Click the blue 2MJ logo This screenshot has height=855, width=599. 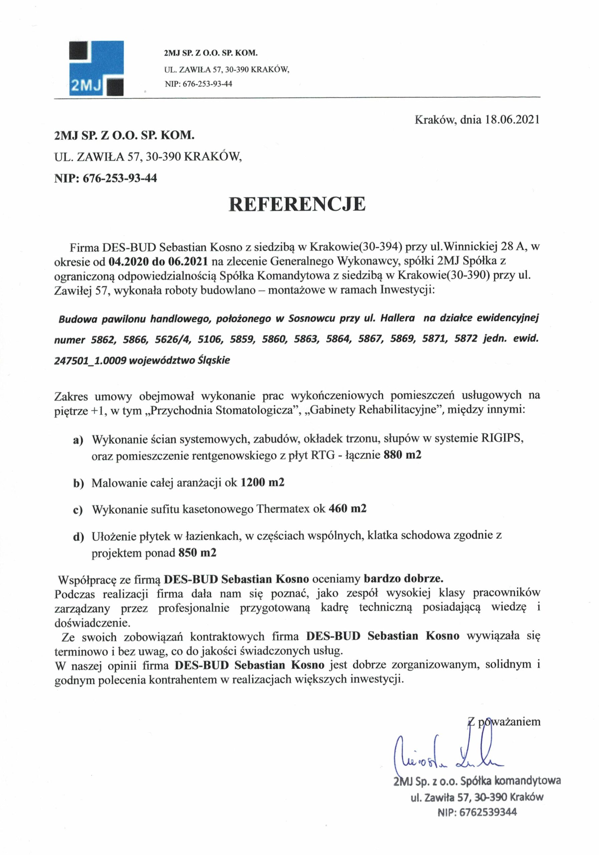coord(96,68)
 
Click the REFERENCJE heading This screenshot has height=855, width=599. coord(297,204)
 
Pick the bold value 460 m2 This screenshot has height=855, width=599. coord(347,508)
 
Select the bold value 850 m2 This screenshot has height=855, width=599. coord(197,553)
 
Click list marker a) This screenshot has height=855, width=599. coord(78,440)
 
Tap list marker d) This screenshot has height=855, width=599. coord(78,537)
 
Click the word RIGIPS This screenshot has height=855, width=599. coord(502,439)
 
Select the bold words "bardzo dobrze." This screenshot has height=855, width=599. coord(403,579)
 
